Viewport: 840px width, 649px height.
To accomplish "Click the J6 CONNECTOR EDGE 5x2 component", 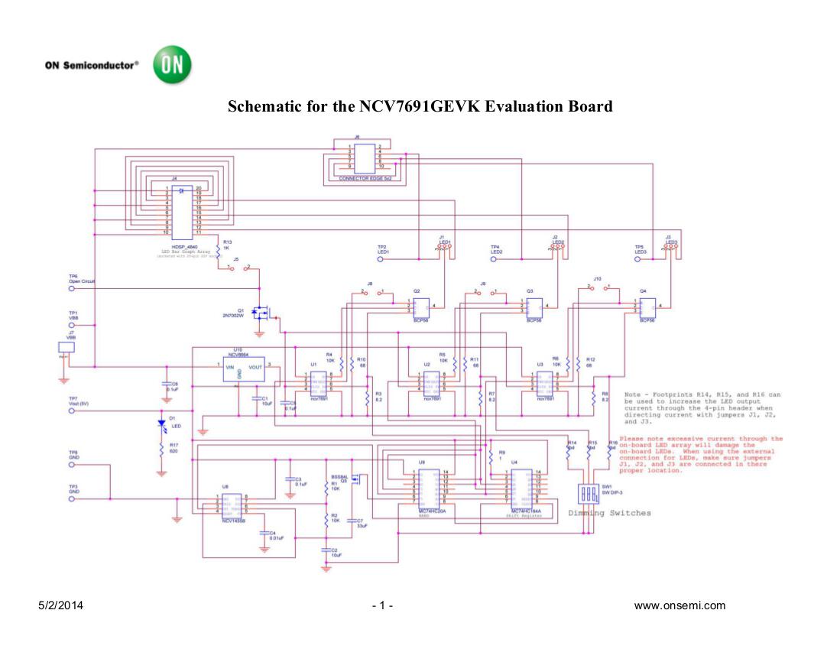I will point(365,157).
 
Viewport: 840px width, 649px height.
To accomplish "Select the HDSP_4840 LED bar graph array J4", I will point(181,210).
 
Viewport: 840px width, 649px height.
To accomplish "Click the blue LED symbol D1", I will point(161,423).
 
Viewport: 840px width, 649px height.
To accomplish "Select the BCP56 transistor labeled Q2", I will point(421,306).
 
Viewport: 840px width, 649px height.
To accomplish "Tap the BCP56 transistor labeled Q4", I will point(647,306).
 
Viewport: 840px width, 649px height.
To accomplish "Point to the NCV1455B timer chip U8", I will point(232,505).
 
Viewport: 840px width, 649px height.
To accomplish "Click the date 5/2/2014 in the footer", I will point(61,606).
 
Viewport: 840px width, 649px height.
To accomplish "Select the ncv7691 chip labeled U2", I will point(432,381).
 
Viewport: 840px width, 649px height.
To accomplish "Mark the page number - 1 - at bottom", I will point(382,606).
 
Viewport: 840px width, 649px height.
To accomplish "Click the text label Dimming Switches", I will point(609,512).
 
